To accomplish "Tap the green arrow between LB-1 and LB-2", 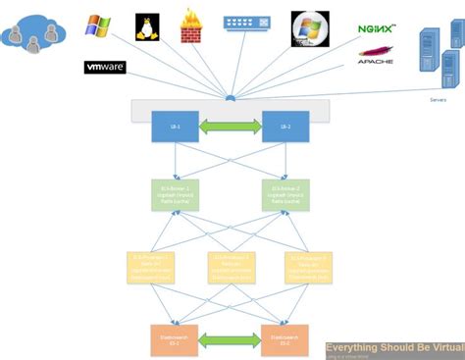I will click(x=230, y=127).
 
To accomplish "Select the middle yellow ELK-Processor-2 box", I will click(x=230, y=266).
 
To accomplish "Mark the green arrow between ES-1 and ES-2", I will click(x=230, y=339).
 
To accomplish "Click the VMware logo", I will click(x=105, y=68).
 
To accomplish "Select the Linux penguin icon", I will click(x=148, y=26).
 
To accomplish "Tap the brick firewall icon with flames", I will click(x=191, y=26).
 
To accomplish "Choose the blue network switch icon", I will click(x=245, y=21).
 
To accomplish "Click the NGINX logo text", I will click(x=377, y=30).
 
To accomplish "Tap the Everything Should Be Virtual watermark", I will click(x=393, y=346).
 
